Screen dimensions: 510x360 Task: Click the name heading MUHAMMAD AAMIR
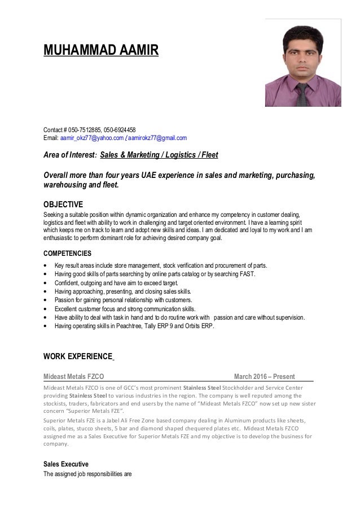(101, 52)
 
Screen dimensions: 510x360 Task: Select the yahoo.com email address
(91, 137)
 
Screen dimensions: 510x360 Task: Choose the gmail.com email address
(157, 137)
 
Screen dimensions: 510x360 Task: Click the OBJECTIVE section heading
(63, 204)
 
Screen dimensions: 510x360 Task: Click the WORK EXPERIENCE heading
(78, 356)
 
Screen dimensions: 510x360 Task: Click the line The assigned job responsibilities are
(87, 474)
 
